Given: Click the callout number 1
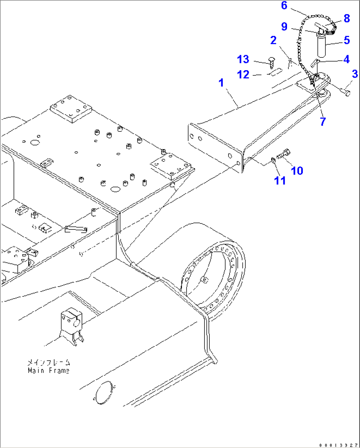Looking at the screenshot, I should pyautogui.click(x=221, y=83).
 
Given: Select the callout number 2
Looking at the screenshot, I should pyautogui.click(x=273, y=40).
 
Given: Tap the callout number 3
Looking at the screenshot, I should pyautogui.click(x=355, y=74).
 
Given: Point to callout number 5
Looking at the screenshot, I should pyautogui.click(x=346, y=40).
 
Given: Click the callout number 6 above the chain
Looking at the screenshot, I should pyautogui.click(x=284, y=6).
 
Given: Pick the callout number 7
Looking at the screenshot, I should pyautogui.click(x=323, y=121).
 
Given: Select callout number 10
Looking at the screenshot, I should pyautogui.click(x=297, y=171).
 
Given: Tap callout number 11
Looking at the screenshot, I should pyautogui.click(x=280, y=181).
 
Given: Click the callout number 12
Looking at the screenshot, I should pyautogui.click(x=243, y=75).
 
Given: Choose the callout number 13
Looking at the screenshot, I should pyautogui.click(x=243, y=59).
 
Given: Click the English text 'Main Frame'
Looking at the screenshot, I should pyautogui.click(x=49, y=371).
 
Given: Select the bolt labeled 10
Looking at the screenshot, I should pyautogui.click(x=284, y=154).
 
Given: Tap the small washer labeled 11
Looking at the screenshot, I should pyautogui.click(x=273, y=160).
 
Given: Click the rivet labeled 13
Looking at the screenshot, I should pyautogui.click(x=271, y=62).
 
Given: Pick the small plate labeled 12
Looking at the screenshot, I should pyautogui.click(x=275, y=72).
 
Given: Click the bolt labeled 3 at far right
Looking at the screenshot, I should pyautogui.click(x=345, y=92).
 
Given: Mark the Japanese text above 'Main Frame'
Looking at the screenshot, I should pyautogui.click(x=49, y=362).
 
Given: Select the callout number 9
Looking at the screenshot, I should pyautogui.click(x=284, y=26).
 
